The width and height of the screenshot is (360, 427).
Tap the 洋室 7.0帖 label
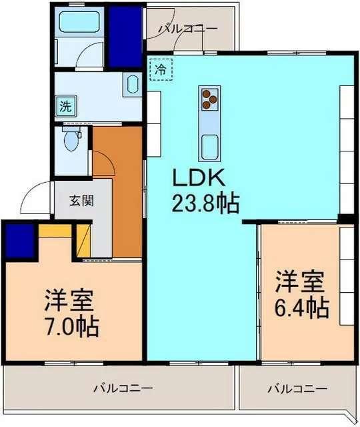pos(71,312)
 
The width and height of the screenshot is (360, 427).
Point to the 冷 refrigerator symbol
pos(160,68)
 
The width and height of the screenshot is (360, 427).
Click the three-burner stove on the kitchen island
pos(209,98)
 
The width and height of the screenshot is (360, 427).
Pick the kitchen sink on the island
pos(210,145)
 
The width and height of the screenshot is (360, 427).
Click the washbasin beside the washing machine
pos(131,85)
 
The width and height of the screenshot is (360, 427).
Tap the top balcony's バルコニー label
pos(187,29)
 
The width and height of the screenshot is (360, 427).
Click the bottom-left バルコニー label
pos(123,387)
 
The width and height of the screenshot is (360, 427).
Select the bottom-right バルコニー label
pos(297,387)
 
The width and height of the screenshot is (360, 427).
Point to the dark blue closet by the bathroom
pos(125,36)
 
